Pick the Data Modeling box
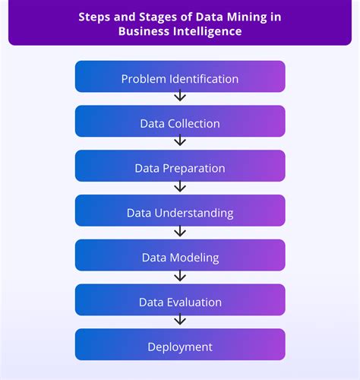(x=180, y=256)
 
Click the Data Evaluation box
(x=180, y=301)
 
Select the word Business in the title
(x=143, y=30)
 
